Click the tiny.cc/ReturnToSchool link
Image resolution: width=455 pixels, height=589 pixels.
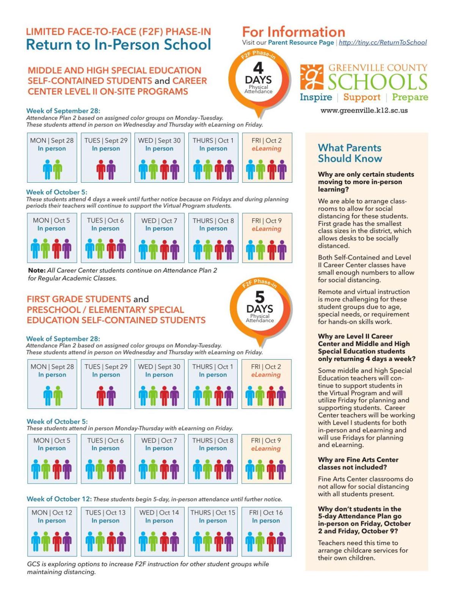(x=383, y=42)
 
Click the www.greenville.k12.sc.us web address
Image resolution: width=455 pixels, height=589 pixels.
(x=364, y=111)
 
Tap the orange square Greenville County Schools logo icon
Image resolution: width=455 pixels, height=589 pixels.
(x=312, y=77)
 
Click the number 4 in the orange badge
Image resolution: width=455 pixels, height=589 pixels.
(x=258, y=68)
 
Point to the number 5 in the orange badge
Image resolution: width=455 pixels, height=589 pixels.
(x=260, y=297)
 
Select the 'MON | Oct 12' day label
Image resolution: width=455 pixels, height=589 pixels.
(x=52, y=512)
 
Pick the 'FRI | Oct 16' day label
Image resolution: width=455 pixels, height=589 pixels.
(x=266, y=512)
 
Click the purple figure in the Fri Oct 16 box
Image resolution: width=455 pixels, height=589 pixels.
(x=281, y=542)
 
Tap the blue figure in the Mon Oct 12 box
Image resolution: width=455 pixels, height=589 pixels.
(x=36, y=542)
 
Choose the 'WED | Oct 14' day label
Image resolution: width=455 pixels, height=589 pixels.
(x=159, y=512)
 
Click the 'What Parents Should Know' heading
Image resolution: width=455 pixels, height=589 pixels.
(x=350, y=153)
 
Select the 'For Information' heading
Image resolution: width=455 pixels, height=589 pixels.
(x=293, y=31)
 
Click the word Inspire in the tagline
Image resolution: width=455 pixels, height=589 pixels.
(x=316, y=97)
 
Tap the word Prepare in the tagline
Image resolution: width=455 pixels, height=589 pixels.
(x=410, y=97)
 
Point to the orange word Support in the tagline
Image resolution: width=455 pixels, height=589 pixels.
(x=362, y=97)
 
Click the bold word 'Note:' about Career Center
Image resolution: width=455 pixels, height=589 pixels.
(x=36, y=271)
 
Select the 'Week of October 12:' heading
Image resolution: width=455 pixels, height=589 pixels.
(x=59, y=499)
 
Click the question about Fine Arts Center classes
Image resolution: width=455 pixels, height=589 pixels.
(x=358, y=463)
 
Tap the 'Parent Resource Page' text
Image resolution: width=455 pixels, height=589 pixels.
(x=301, y=42)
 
